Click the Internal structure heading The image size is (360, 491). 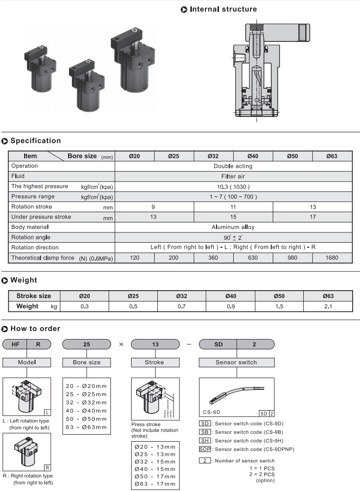pos(223,9)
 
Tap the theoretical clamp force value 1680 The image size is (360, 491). pos(332,258)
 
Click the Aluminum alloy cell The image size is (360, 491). pos(233,227)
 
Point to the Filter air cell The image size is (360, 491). pos(233,176)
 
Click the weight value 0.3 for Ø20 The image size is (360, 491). pos(84,306)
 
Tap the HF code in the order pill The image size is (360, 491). pos(15,345)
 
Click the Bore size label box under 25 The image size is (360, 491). pos(86,362)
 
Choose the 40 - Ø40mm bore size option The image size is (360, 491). pos(86,410)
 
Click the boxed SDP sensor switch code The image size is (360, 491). pos(205,449)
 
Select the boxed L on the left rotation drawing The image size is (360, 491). pos(47,412)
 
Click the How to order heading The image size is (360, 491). pos(35,329)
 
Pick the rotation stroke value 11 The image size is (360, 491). pos(233,207)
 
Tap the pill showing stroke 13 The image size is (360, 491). pos(155,345)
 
